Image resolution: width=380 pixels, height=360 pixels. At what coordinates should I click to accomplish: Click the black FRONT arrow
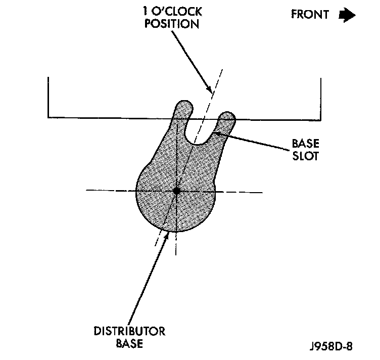coord(347,15)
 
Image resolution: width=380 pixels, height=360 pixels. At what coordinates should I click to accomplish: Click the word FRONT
coord(309,14)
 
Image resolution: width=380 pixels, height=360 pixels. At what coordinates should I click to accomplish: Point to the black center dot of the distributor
coord(176,191)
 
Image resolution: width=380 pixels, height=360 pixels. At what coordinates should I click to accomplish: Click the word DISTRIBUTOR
coord(129,332)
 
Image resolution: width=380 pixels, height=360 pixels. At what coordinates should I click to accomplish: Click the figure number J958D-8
coord(331,347)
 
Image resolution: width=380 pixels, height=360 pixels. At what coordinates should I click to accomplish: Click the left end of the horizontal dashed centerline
coord(87,191)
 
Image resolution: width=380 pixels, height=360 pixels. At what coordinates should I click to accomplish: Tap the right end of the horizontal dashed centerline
coord(261,192)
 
